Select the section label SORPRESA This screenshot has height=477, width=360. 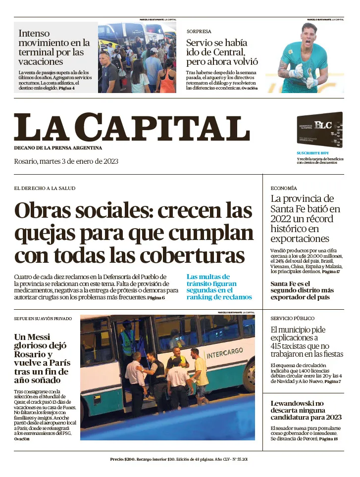(x=199, y=31)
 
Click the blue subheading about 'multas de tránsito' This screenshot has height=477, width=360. (x=219, y=287)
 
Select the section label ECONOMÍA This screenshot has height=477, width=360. (x=284, y=188)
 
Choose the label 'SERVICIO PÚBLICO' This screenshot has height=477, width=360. (x=292, y=318)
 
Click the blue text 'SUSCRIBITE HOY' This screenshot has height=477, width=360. (x=312, y=153)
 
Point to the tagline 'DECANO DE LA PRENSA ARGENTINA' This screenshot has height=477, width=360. (x=58, y=148)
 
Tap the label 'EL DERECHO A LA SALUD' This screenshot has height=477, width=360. (x=45, y=188)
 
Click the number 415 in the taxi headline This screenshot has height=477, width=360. (x=279, y=346)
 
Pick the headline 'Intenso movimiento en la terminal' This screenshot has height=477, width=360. (x=54, y=48)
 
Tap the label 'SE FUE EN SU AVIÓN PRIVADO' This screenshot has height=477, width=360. (x=44, y=318)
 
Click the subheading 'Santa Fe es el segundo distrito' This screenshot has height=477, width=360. (x=302, y=290)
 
